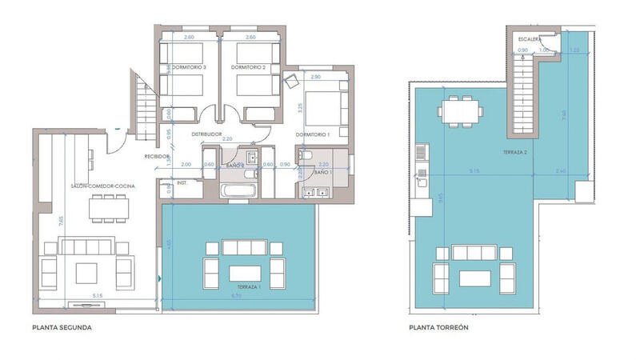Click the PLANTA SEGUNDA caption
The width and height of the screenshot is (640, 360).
62,327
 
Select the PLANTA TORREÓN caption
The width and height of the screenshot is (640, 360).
438,327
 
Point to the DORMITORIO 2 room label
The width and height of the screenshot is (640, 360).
247,68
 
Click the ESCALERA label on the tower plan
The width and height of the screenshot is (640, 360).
529,38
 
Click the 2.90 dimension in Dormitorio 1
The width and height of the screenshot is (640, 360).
315,77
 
